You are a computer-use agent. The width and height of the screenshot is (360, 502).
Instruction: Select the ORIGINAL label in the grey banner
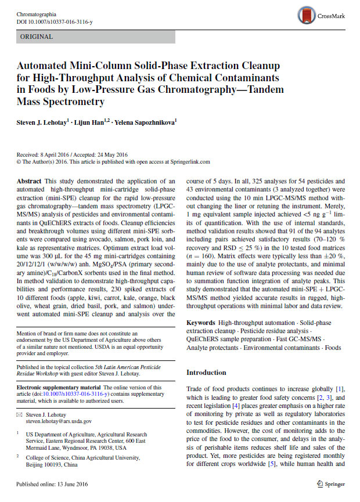36,37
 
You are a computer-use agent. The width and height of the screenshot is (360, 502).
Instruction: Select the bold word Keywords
201,322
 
